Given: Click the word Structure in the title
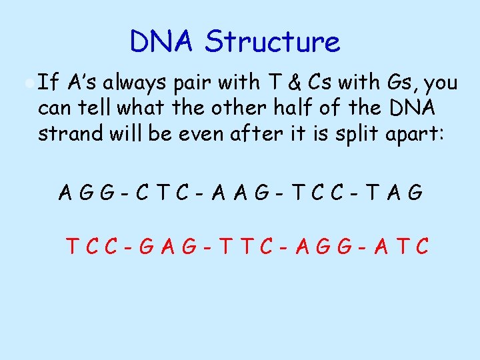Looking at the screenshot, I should coord(273,41).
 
